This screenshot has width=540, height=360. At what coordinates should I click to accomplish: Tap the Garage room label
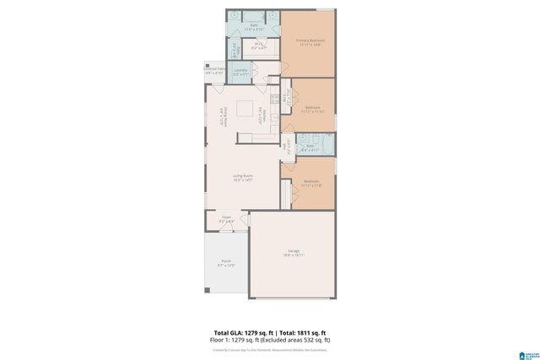click(293, 253)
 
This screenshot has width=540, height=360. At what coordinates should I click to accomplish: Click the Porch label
click(226, 263)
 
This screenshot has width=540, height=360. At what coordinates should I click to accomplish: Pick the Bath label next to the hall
click(310, 148)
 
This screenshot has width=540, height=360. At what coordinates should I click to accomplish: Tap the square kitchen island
click(244, 107)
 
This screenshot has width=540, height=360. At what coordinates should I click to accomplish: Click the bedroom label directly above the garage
click(310, 184)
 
